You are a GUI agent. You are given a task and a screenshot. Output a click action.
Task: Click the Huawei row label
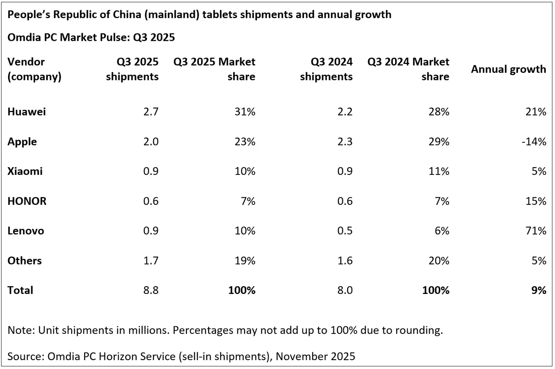27,112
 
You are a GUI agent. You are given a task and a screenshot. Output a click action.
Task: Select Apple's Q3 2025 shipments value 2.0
151,142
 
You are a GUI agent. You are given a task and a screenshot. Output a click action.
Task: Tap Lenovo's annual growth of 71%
536,231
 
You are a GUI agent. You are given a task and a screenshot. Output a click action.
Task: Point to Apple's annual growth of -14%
534,142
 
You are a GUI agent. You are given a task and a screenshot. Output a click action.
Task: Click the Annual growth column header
508,69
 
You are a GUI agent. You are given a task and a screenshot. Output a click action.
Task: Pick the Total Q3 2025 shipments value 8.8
151,290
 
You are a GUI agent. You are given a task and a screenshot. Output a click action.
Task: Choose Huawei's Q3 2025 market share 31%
245,112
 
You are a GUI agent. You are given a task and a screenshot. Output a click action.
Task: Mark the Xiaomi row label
25,171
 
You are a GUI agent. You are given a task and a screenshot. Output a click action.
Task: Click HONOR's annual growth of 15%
536,201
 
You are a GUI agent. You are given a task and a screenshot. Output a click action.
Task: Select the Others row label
24,261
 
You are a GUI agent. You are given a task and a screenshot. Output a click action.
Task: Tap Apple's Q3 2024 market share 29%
439,142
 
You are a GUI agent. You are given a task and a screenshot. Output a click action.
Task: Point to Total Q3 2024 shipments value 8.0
345,290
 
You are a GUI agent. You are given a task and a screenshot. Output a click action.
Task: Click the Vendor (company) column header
34,69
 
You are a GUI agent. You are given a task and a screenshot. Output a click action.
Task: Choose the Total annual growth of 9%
539,290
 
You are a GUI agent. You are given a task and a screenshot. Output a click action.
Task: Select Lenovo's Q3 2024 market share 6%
442,231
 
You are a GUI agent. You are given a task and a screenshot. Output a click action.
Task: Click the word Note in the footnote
20,330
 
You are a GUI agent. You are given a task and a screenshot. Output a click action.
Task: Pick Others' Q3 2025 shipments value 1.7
151,261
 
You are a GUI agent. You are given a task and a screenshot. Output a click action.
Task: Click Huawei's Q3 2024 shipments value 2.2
345,112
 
